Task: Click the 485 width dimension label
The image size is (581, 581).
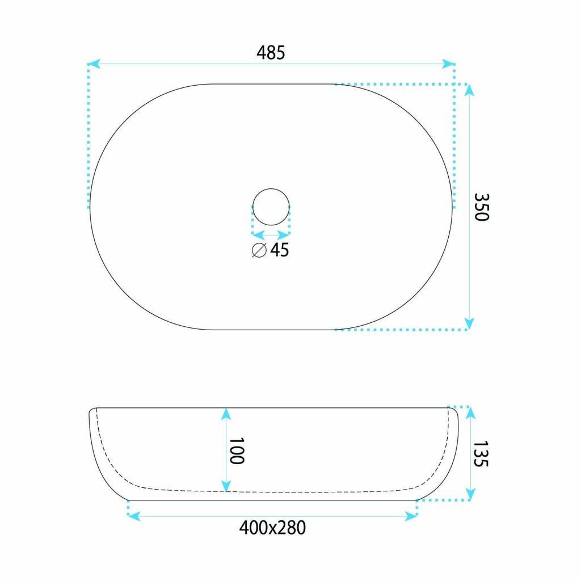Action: (x=271, y=53)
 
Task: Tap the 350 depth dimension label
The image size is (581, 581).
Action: (x=482, y=207)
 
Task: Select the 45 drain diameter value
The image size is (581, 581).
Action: (x=279, y=250)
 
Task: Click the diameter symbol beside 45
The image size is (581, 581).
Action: (x=259, y=250)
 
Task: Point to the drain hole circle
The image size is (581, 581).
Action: (x=271, y=188)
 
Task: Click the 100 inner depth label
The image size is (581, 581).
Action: (x=237, y=451)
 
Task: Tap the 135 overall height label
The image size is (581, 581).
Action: (x=481, y=453)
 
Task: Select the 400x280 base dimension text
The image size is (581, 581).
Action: (x=272, y=528)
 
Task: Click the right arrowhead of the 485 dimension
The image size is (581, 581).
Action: (x=448, y=64)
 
